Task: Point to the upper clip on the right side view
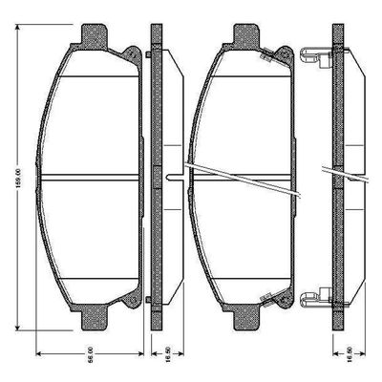pos(312,56)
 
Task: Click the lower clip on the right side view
pos(312,297)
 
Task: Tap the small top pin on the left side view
pos(150,58)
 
